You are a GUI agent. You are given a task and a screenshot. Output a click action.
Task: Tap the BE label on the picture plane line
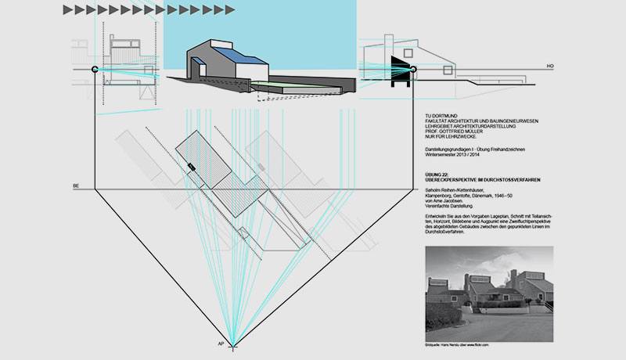pos(76,185)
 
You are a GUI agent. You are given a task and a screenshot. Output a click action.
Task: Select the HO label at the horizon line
pos(550,65)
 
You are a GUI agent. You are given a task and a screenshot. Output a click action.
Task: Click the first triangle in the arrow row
pos(68,9)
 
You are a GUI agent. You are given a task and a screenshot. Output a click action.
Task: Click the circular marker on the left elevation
pos(95,70)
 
